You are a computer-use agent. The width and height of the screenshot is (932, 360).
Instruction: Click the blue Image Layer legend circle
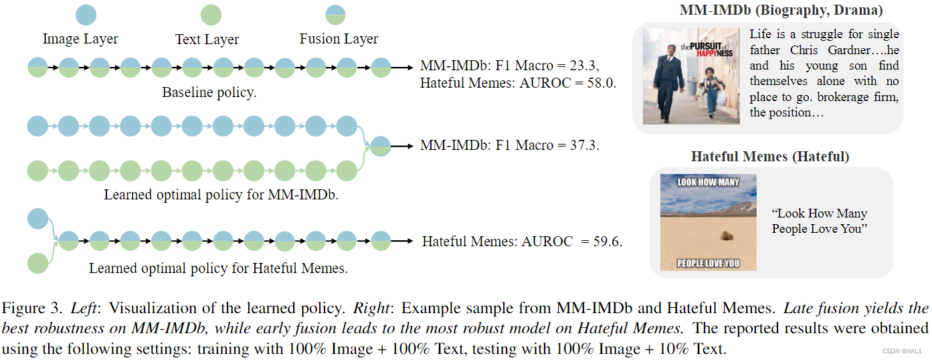(x=86, y=15)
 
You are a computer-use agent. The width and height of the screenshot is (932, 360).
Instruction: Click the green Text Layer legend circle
(x=211, y=15)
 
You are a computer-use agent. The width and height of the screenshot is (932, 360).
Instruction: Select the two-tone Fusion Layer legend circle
(x=335, y=15)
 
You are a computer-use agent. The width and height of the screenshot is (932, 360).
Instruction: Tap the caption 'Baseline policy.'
(x=209, y=93)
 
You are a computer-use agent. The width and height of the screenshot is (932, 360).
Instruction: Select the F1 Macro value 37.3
(x=584, y=145)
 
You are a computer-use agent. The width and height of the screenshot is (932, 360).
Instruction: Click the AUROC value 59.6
(x=608, y=242)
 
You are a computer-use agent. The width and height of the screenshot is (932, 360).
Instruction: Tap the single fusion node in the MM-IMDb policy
(x=380, y=146)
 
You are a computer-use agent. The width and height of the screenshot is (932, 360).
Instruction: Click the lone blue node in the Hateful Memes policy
(x=37, y=219)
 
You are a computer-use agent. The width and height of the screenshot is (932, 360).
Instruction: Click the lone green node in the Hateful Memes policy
(x=37, y=262)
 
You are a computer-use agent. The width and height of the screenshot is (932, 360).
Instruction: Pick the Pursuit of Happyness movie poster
(x=691, y=76)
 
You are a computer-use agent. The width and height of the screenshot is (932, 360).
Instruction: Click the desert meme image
(x=708, y=222)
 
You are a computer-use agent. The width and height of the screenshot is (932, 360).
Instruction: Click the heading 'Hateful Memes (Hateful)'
(x=770, y=157)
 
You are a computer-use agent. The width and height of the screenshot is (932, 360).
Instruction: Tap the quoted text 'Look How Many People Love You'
(x=819, y=221)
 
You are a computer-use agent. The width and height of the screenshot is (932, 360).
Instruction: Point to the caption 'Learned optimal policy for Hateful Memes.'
(x=219, y=269)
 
